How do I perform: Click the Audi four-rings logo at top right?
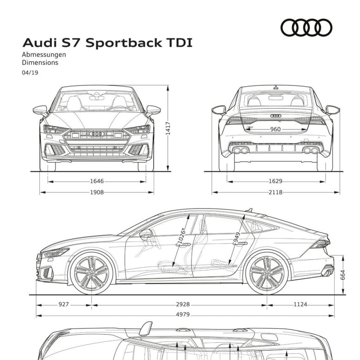coord(306,28)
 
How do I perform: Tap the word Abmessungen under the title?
coord(44,54)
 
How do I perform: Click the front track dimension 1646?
coord(97,181)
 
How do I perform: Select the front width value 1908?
coord(97,192)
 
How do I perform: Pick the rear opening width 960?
coord(275,129)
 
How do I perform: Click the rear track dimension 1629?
coord(276,181)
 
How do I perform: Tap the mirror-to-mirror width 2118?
coord(276,192)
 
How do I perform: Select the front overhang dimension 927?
coord(64,305)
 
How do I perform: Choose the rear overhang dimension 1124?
coord(300,305)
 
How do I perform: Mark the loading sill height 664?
coord(342,275)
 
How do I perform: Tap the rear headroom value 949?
coord(236,238)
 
